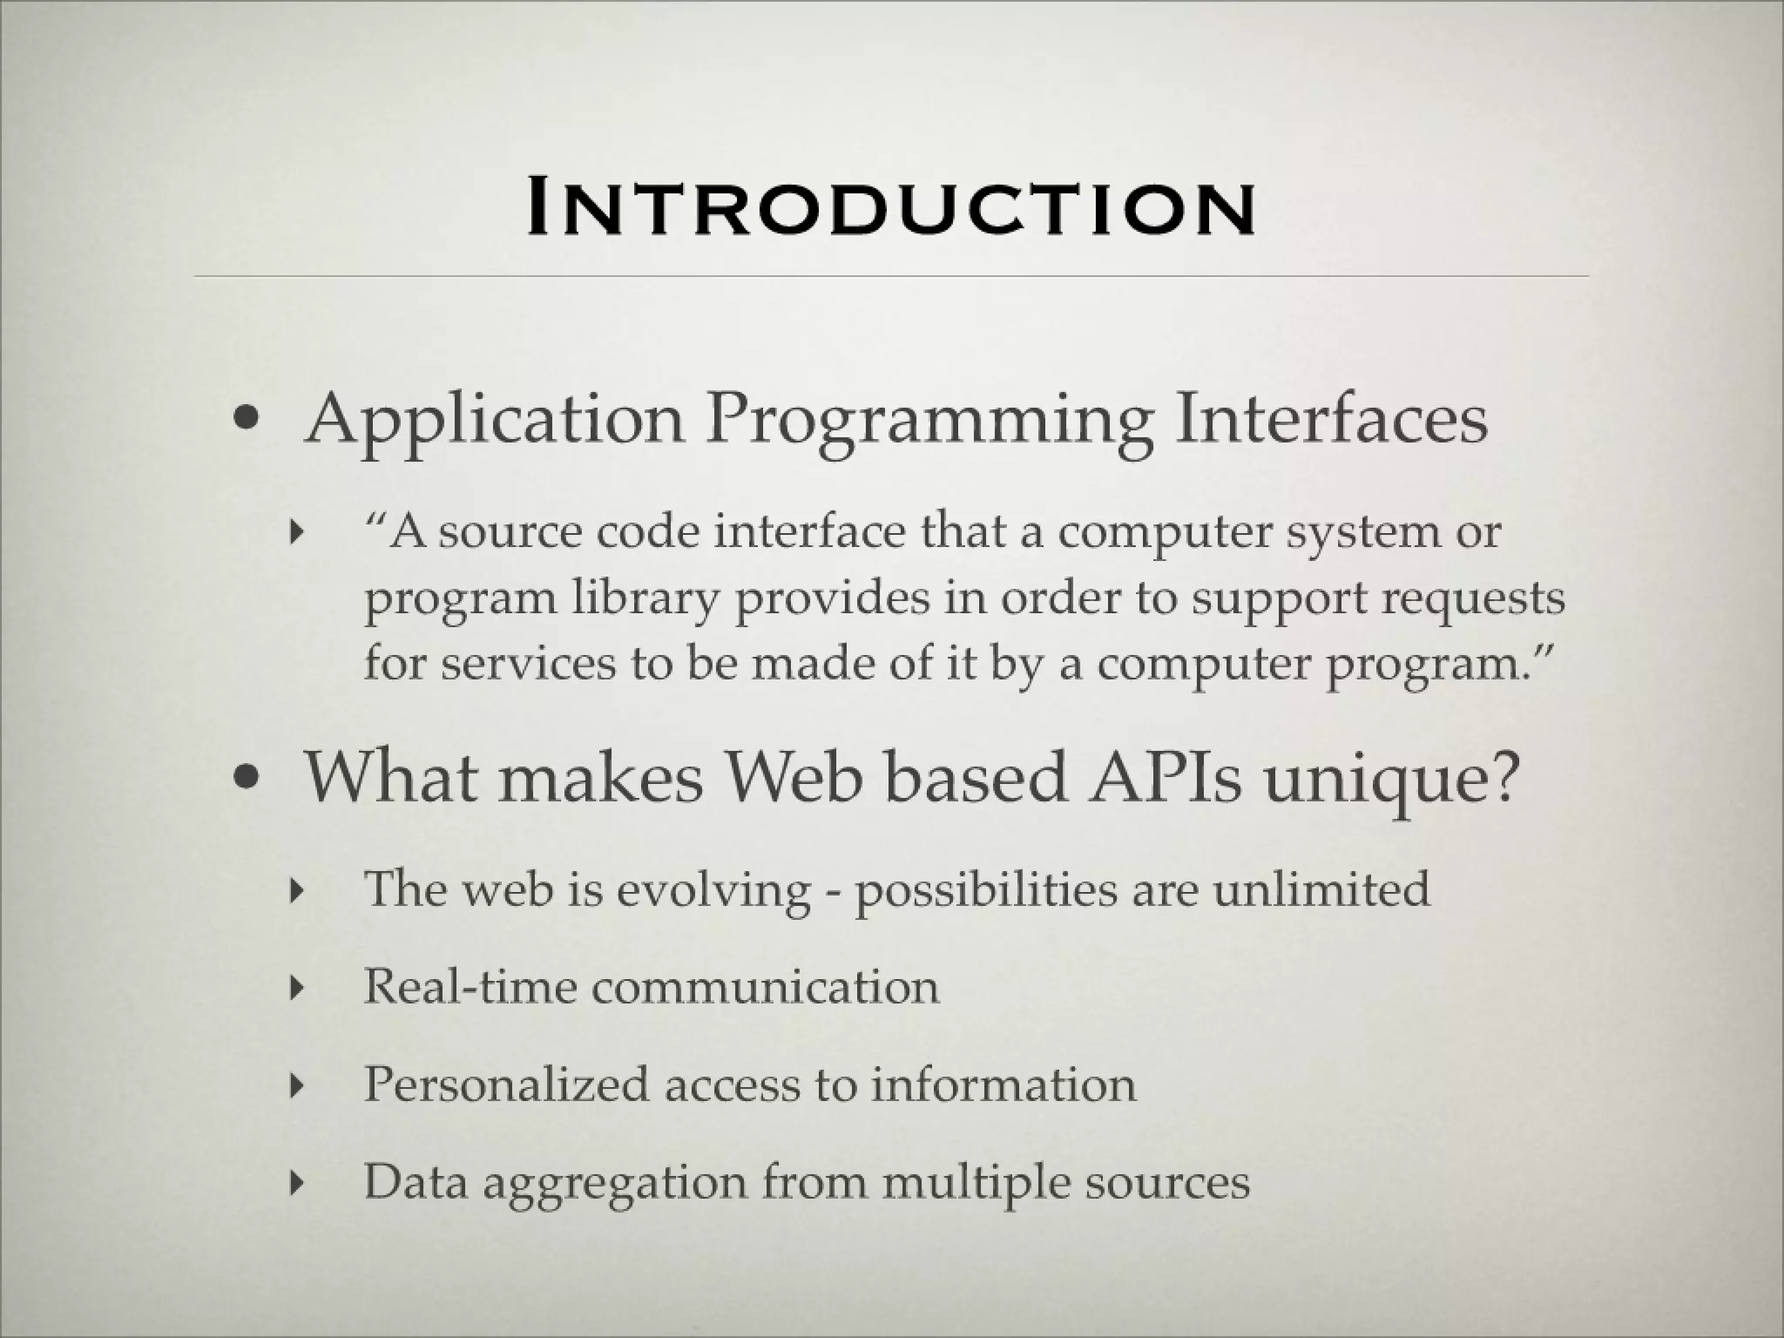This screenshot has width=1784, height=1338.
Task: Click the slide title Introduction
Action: click(x=891, y=209)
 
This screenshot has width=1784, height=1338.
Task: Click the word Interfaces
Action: click(x=1330, y=419)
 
